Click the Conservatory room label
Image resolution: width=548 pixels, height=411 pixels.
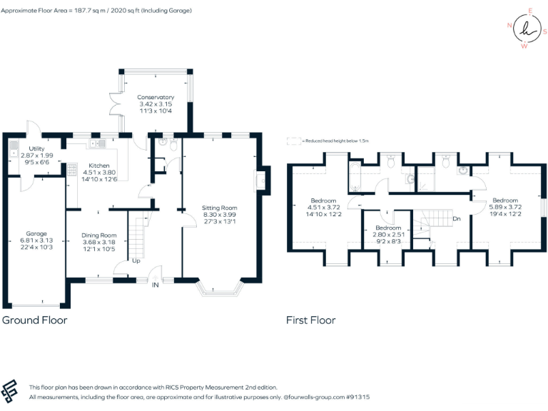tap(156, 97)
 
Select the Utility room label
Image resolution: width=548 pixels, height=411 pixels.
tap(36, 148)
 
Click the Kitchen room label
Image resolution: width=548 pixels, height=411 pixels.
tap(99, 165)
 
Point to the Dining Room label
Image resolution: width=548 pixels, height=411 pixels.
tap(98, 235)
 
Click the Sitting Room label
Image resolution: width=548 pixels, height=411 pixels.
tap(218, 207)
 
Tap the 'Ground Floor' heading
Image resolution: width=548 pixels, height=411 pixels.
tap(35, 320)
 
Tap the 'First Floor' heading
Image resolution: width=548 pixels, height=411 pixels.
tap(310, 320)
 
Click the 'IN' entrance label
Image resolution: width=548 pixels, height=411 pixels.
tap(156, 284)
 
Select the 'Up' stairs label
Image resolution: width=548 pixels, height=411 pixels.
tap(136, 261)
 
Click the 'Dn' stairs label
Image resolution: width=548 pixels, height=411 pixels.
tap(455, 218)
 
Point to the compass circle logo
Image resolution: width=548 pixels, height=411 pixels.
tap(527, 29)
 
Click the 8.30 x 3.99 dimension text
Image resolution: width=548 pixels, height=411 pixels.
tap(218, 214)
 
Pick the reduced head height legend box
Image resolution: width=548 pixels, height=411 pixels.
tap(293, 141)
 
